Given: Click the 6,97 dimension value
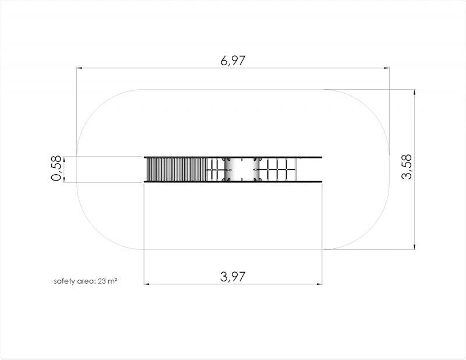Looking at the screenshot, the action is (x=233, y=61).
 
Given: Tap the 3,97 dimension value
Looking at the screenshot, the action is (x=232, y=277).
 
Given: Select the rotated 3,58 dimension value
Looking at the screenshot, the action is (x=407, y=167).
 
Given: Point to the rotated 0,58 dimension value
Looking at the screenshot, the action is (x=56, y=168).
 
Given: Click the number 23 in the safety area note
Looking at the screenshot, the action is (x=102, y=281).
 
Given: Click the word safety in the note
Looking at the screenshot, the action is (x=65, y=281).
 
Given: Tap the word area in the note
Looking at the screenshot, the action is (x=86, y=281).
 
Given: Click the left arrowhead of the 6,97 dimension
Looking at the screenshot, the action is (x=79, y=68).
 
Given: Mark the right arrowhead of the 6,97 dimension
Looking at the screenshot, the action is (x=387, y=68).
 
